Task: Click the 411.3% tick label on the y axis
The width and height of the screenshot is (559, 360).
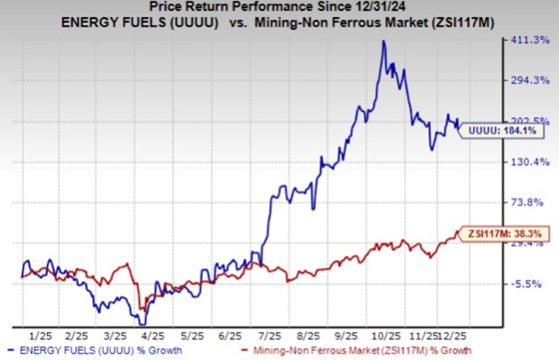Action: coord(530,40)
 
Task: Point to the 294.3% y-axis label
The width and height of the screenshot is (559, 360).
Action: coord(530,80)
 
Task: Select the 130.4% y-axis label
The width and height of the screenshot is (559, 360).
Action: coord(530,162)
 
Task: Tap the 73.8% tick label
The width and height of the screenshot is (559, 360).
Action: coord(527,202)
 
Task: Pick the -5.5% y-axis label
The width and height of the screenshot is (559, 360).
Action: coord(527,284)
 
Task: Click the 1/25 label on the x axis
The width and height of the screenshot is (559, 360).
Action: coord(41,337)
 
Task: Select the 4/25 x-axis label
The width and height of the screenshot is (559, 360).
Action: coord(153,337)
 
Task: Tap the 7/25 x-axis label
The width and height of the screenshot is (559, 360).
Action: coord(270,337)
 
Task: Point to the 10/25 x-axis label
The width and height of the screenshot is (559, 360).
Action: coord(386,337)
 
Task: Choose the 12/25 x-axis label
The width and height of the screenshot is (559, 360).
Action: coord(452,337)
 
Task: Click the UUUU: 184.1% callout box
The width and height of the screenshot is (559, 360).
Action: coord(501,131)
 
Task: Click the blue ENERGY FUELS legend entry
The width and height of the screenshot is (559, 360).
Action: coord(96,350)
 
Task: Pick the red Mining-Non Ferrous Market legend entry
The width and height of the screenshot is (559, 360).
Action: coord(356,350)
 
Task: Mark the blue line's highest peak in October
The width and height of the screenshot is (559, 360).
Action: coord(383,41)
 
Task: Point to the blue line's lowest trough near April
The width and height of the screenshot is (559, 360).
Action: coord(142,324)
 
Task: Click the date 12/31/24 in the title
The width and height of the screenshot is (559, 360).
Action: coord(379,6)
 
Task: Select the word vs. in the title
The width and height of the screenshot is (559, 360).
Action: coord(238,23)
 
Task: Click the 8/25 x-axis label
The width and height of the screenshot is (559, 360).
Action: coord(308,337)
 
